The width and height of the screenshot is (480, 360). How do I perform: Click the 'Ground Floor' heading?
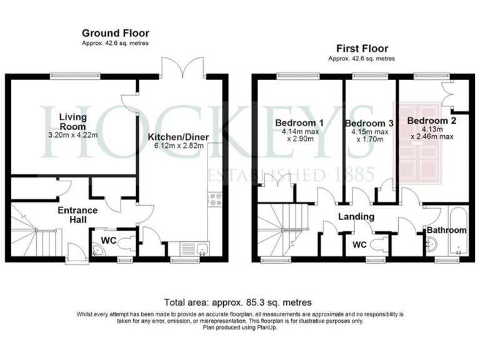(x=116, y=33)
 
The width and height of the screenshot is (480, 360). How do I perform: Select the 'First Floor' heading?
(x=362, y=48)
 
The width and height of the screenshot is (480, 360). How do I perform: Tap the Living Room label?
(x=72, y=121)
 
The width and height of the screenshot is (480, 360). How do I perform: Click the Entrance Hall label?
(x=74, y=215)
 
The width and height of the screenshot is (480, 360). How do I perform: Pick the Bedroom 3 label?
(x=368, y=123)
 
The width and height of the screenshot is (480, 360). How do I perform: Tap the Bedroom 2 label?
(x=430, y=120)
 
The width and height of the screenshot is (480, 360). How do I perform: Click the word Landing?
(x=356, y=217)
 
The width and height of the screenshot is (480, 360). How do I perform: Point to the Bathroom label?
(x=446, y=231)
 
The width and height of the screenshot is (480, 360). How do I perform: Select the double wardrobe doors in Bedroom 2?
(x=448, y=94)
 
